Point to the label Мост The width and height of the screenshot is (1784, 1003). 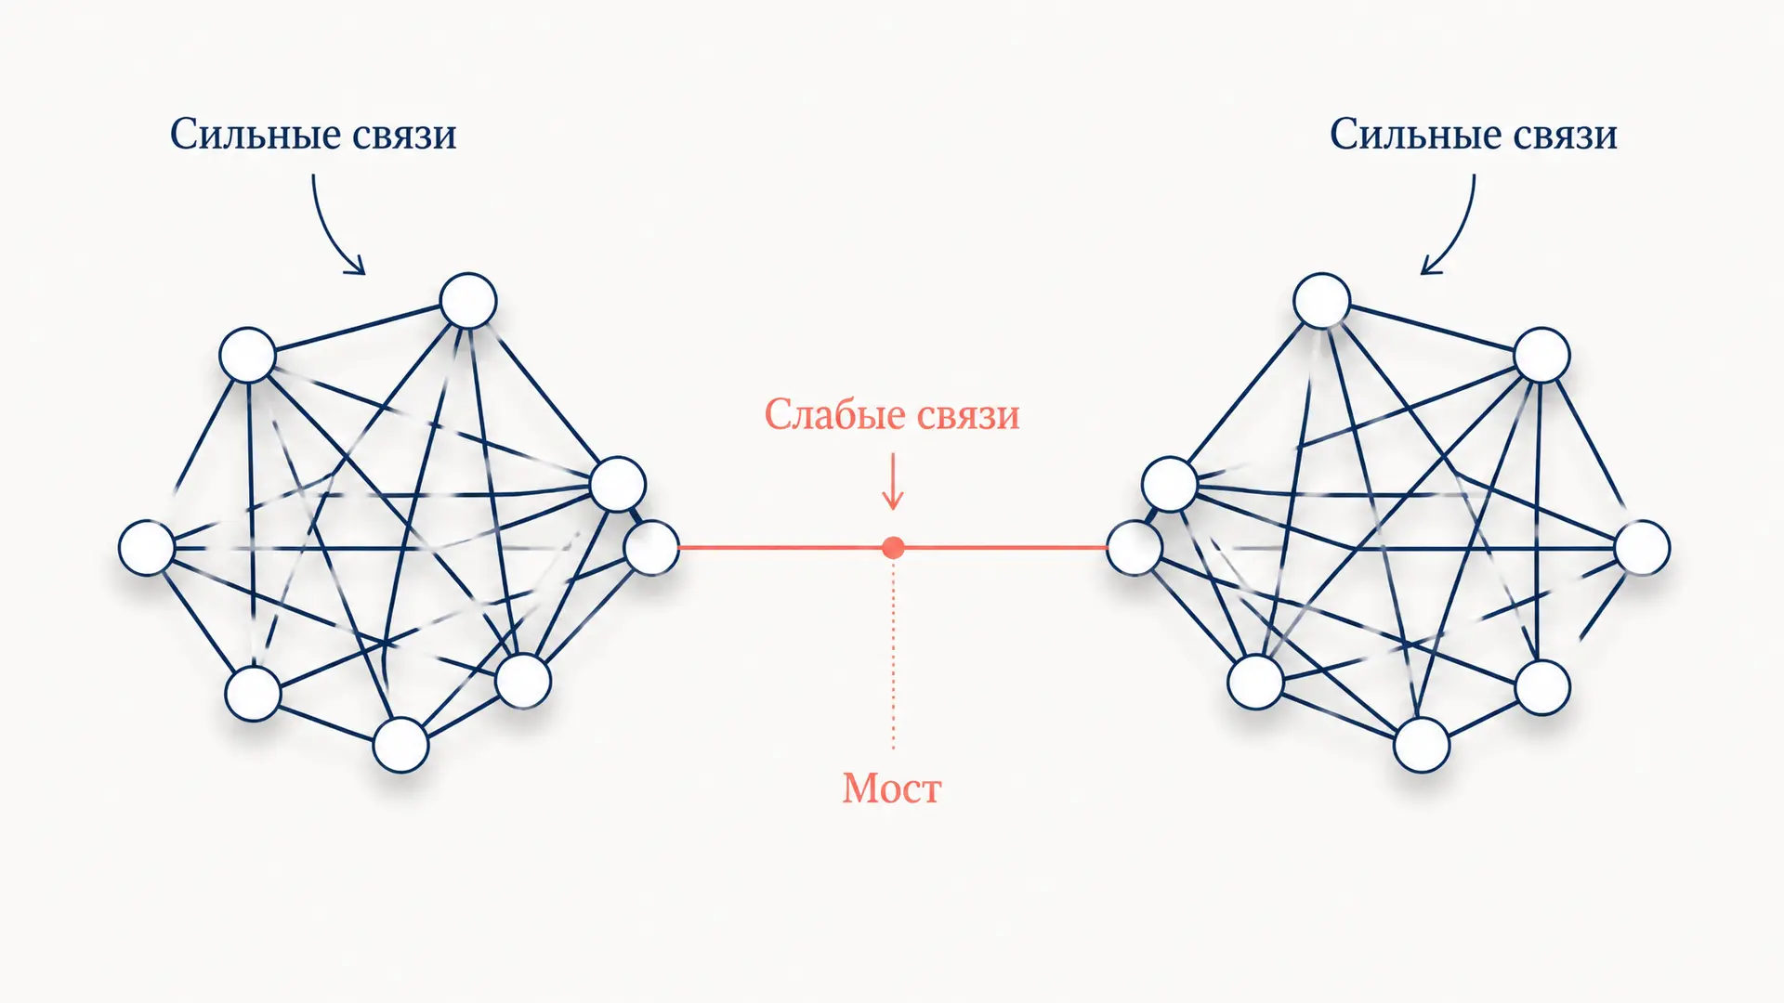pyautogui.click(x=892, y=788)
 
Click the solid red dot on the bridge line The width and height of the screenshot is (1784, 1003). pyautogui.click(x=893, y=548)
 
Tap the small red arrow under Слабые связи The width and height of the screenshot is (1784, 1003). pyautogui.click(x=893, y=481)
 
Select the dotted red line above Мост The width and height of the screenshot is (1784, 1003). pyautogui.click(x=894, y=655)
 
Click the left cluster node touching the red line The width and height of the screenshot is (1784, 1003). pyautogui.click(x=651, y=548)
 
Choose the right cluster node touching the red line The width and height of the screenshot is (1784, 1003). pyautogui.click(x=1134, y=548)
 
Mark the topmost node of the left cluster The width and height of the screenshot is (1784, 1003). pyautogui.click(x=468, y=301)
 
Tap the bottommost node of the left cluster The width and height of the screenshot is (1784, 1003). pyautogui.click(x=400, y=745)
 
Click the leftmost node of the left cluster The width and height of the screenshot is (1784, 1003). pyautogui.click(x=147, y=548)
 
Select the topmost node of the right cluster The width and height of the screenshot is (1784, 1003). pyautogui.click(x=1321, y=301)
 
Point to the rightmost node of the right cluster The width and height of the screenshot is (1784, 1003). pyautogui.click(x=1642, y=548)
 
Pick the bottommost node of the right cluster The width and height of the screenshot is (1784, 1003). pyautogui.click(x=1422, y=745)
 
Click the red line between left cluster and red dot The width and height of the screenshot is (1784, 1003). pyautogui.click(x=780, y=548)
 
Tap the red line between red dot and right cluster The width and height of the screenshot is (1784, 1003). pyautogui.click(x=1005, y=548)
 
